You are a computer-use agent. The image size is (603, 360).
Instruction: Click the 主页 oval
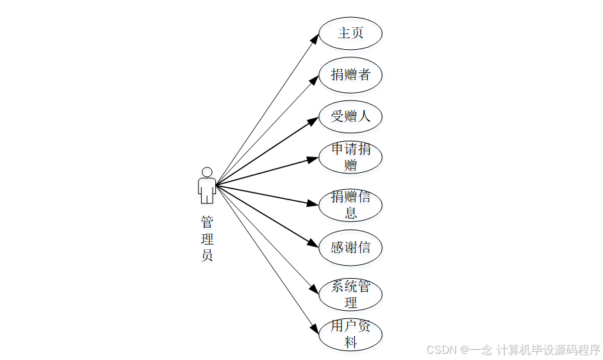pyautogui.click(x=350, y=33)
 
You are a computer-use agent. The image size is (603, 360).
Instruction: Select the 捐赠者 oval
pyautogui.click(x=350, y=74)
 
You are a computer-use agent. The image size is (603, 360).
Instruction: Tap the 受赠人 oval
pyautogui.click(x=350, y=116)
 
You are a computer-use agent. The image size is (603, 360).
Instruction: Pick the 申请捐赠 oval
pyautogui.click(x=350, y=157)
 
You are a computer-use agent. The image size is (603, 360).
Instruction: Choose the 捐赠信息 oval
pyautogui.click(x=350, y=205)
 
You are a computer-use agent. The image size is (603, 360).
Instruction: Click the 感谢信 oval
pyautogui.click(x=350, y=247)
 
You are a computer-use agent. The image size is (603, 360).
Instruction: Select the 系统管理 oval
pyautogui.click(x=350, y=294)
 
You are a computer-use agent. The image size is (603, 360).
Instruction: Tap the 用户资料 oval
pyautogui.click(x=350, y=334)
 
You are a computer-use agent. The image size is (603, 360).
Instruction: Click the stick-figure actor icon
pyautogui.click(x=206, y=185)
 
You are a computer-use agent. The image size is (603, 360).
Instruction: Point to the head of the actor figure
pyautogui.click(x=206, y=171)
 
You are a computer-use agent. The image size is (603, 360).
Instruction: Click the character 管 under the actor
pyautogui.click(x=206, y=223)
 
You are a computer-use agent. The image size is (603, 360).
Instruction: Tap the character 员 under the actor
pyautogui.click(x=206, y=256)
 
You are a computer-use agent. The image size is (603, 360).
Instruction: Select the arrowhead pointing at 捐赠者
pyautogui.click(x=314, y=80)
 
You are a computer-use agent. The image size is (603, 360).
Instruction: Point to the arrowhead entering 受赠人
pyautogui.click(x=313, y=121)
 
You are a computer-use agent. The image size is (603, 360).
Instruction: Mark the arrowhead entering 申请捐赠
pyautogui.click(x=313, y=160)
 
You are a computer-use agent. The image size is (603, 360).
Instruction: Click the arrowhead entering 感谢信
pyautogui.click(x=313, y=244)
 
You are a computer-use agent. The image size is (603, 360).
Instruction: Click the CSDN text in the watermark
pyautogui.click(x=442, y=350)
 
